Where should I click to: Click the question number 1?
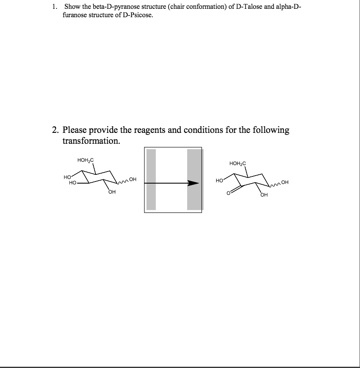54,8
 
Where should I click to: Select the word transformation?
91,141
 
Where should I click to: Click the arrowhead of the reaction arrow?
193,183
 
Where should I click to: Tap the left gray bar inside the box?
151,179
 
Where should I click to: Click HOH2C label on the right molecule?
238,163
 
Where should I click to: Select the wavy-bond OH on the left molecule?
133,180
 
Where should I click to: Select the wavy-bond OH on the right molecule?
285,182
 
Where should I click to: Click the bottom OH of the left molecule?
112,193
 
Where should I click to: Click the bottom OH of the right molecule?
264,195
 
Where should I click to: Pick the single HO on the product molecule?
219,181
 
